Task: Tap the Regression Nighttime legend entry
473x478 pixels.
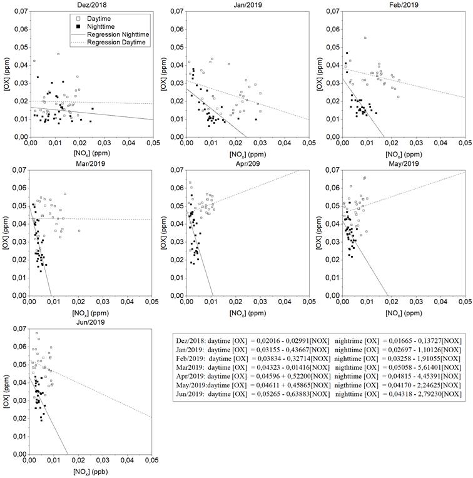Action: [x=116, y=34]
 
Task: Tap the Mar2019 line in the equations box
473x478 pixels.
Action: [x=319, y=366]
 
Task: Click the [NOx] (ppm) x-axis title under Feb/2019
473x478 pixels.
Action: [x=405, y=153]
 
